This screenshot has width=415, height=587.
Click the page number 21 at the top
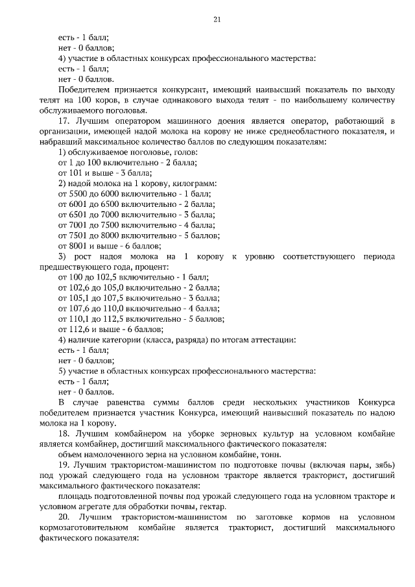tap(217, 20)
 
